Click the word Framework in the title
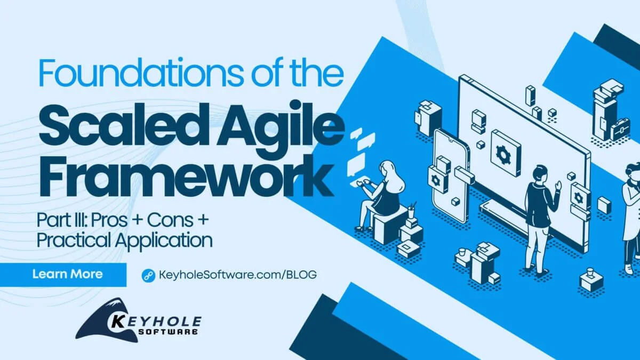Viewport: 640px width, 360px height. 186,177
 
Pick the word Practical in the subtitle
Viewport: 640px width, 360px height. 74,241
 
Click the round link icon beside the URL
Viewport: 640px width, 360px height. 148,275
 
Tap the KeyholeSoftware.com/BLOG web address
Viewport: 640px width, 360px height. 237,275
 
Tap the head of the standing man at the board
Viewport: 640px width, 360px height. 538,173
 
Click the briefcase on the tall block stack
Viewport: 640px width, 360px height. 620,130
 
